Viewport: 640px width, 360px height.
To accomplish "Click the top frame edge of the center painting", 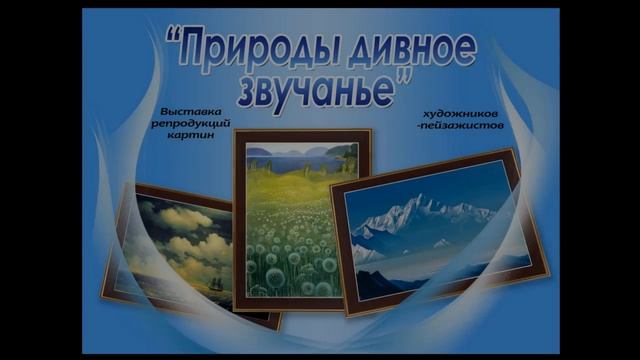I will tap(301, 135).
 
